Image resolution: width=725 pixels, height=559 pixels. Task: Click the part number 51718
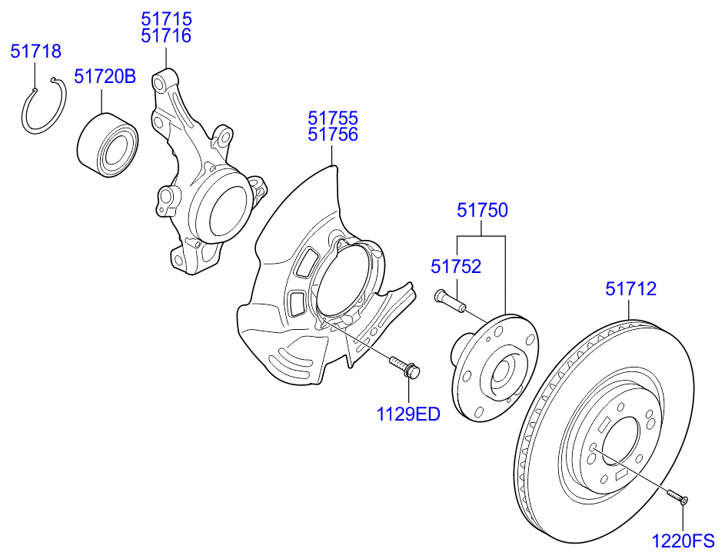[35, 52]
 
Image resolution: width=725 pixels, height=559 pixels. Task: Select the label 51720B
[105, 77]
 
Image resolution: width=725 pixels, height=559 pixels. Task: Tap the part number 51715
[166, 18]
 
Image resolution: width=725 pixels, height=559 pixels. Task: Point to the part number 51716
[166, 35]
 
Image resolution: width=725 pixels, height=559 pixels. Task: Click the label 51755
[333, 118]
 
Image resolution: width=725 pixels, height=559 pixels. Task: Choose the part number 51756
[333, 135]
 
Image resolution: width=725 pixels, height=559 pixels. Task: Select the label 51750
[482, 210]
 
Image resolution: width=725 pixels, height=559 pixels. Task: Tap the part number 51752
[456, 267]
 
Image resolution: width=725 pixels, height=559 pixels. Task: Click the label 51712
[630, 289]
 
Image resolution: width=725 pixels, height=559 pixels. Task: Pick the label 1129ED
[408, 415]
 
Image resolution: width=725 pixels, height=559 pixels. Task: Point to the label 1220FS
[683, 541]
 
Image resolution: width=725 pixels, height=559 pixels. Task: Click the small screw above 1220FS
[677, 497]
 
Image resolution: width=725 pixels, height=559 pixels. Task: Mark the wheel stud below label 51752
[450, 301]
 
